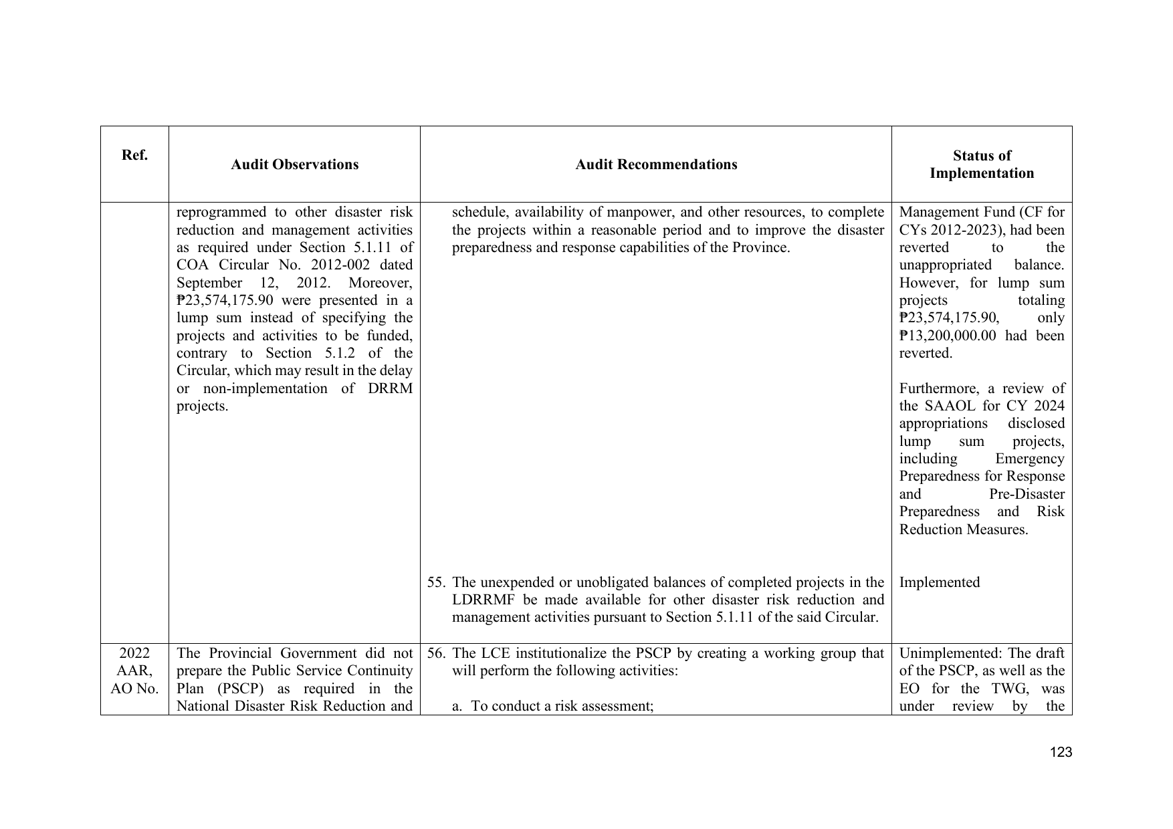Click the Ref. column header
pos(134,156)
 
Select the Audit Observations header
pos(294,164)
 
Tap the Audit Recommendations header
pos(656,164)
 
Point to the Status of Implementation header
pos(981,164)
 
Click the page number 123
pos(1061,753)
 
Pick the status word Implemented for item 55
pos(939,582)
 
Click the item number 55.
pos(435,582)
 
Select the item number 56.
pos(435,653)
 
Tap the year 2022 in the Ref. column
pos(134,653)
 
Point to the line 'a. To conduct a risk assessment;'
pos(552,706)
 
